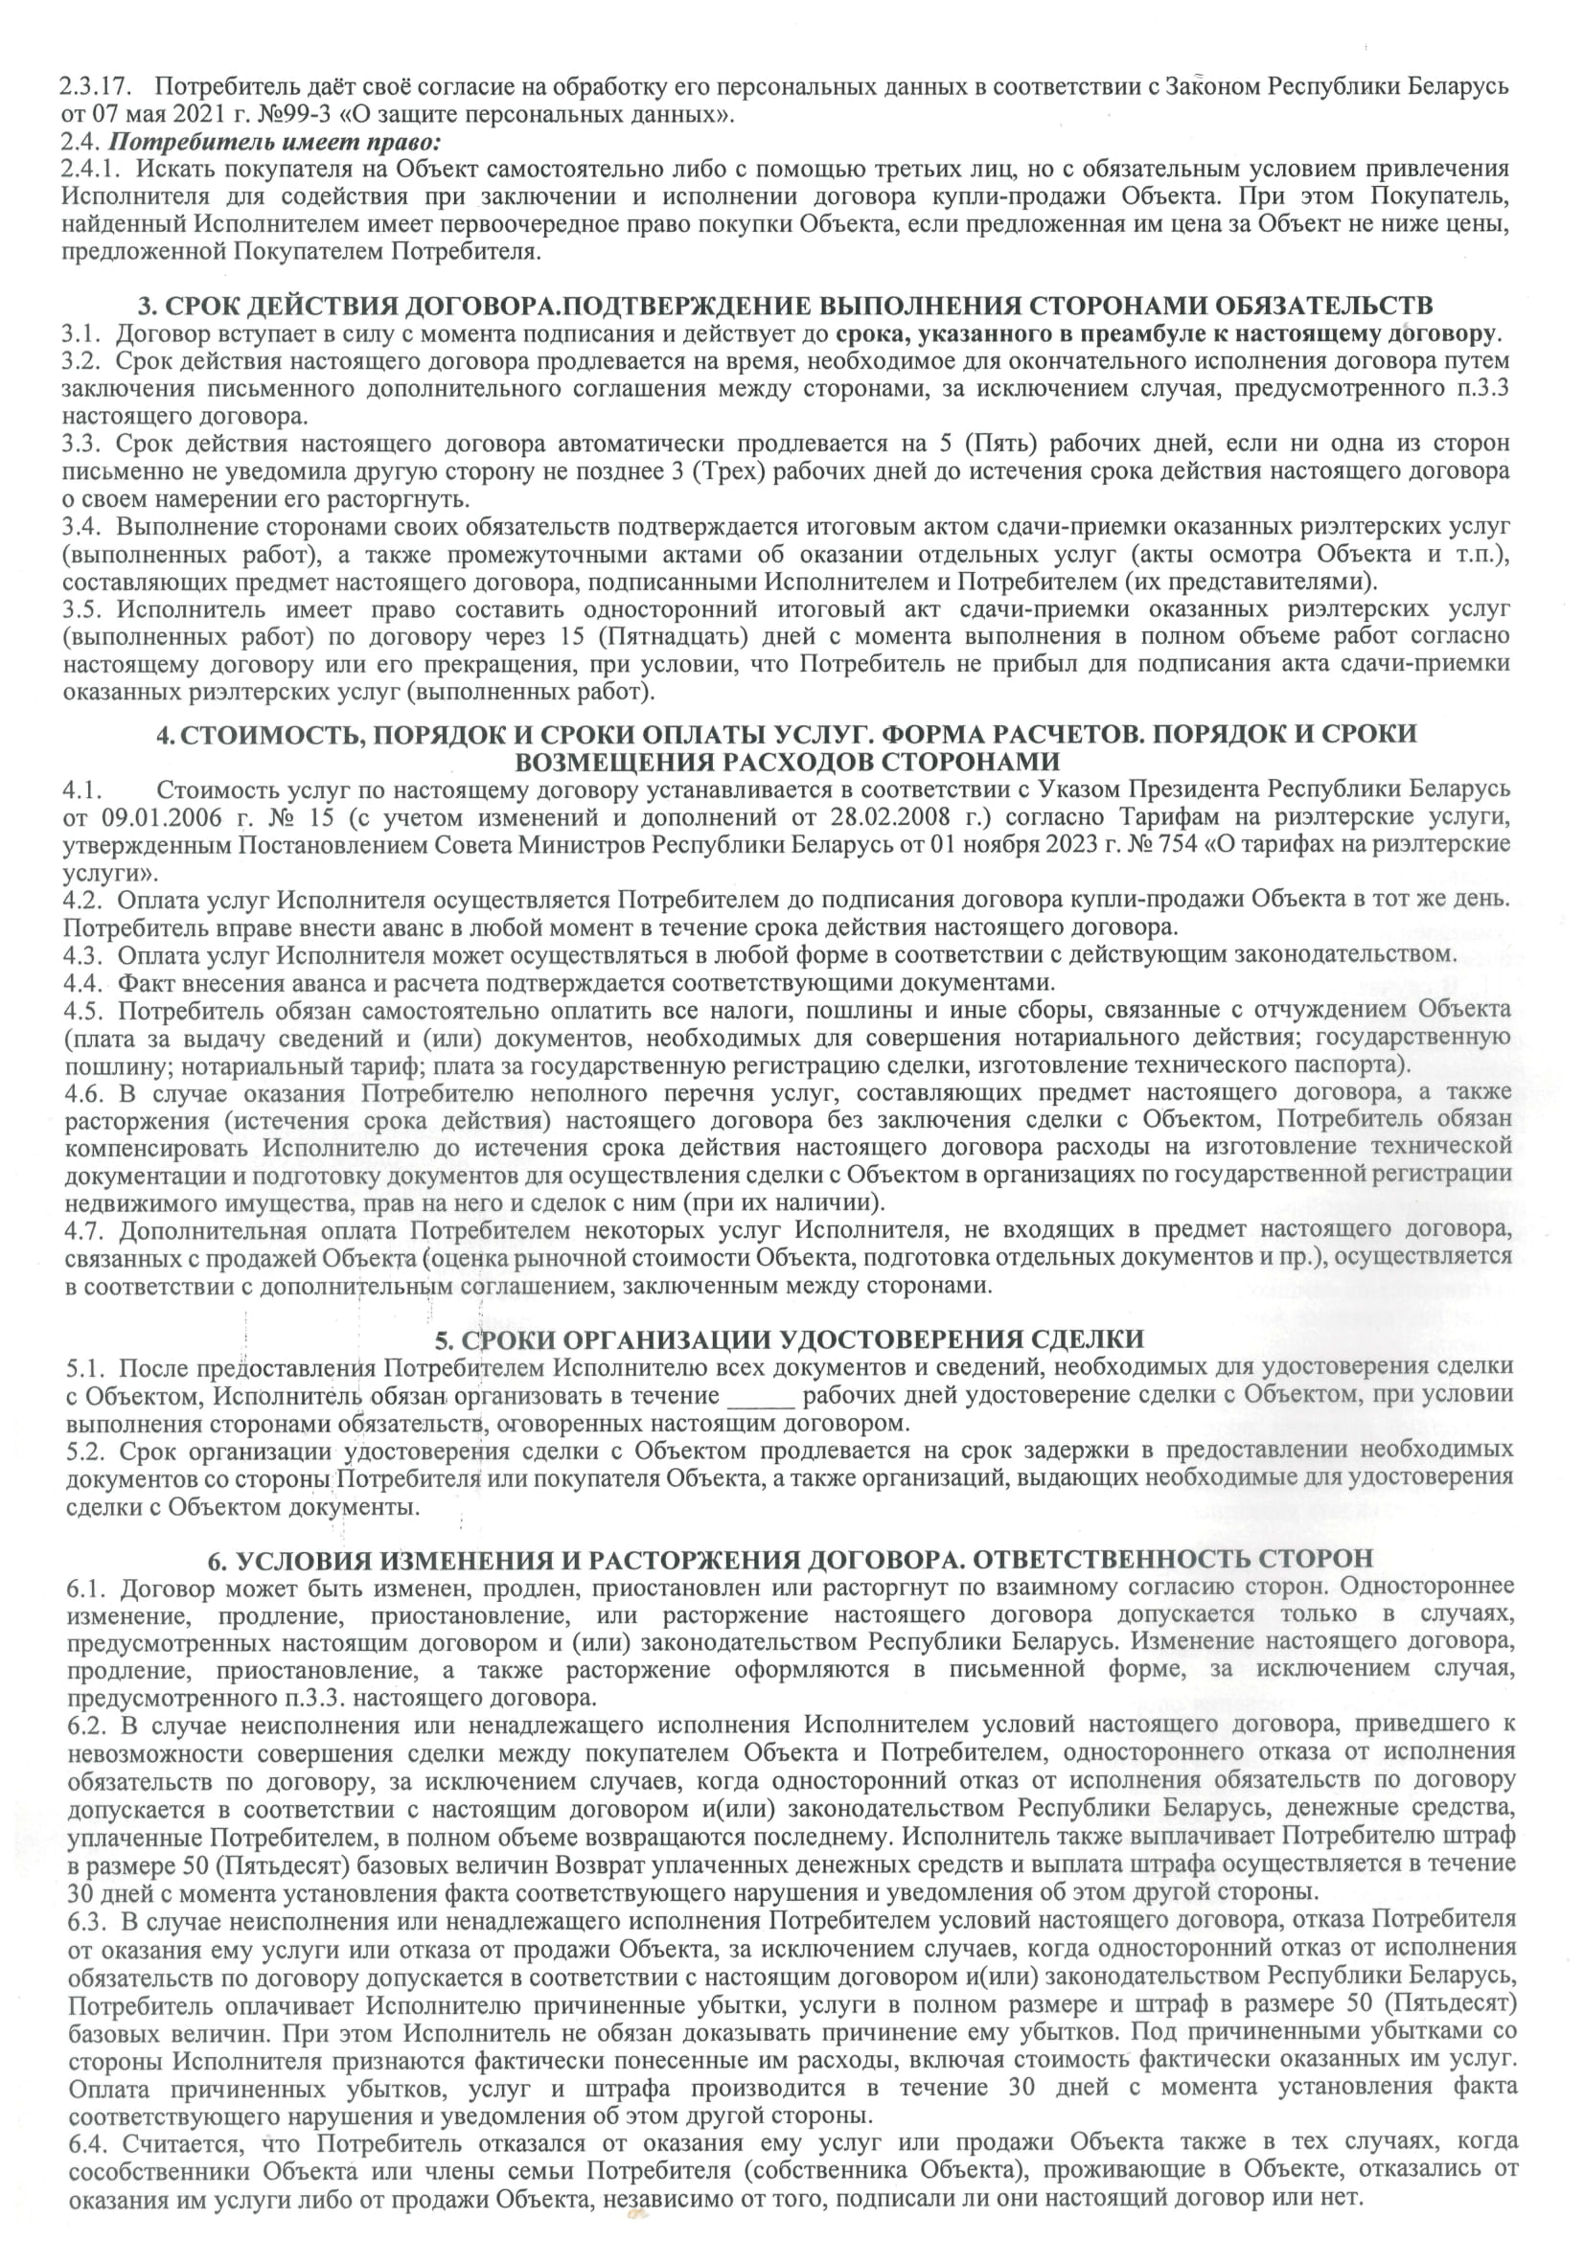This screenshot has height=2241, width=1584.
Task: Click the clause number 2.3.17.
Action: [x=90, y=86]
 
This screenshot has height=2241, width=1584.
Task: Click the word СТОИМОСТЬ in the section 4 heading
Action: [x=259, y=734]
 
